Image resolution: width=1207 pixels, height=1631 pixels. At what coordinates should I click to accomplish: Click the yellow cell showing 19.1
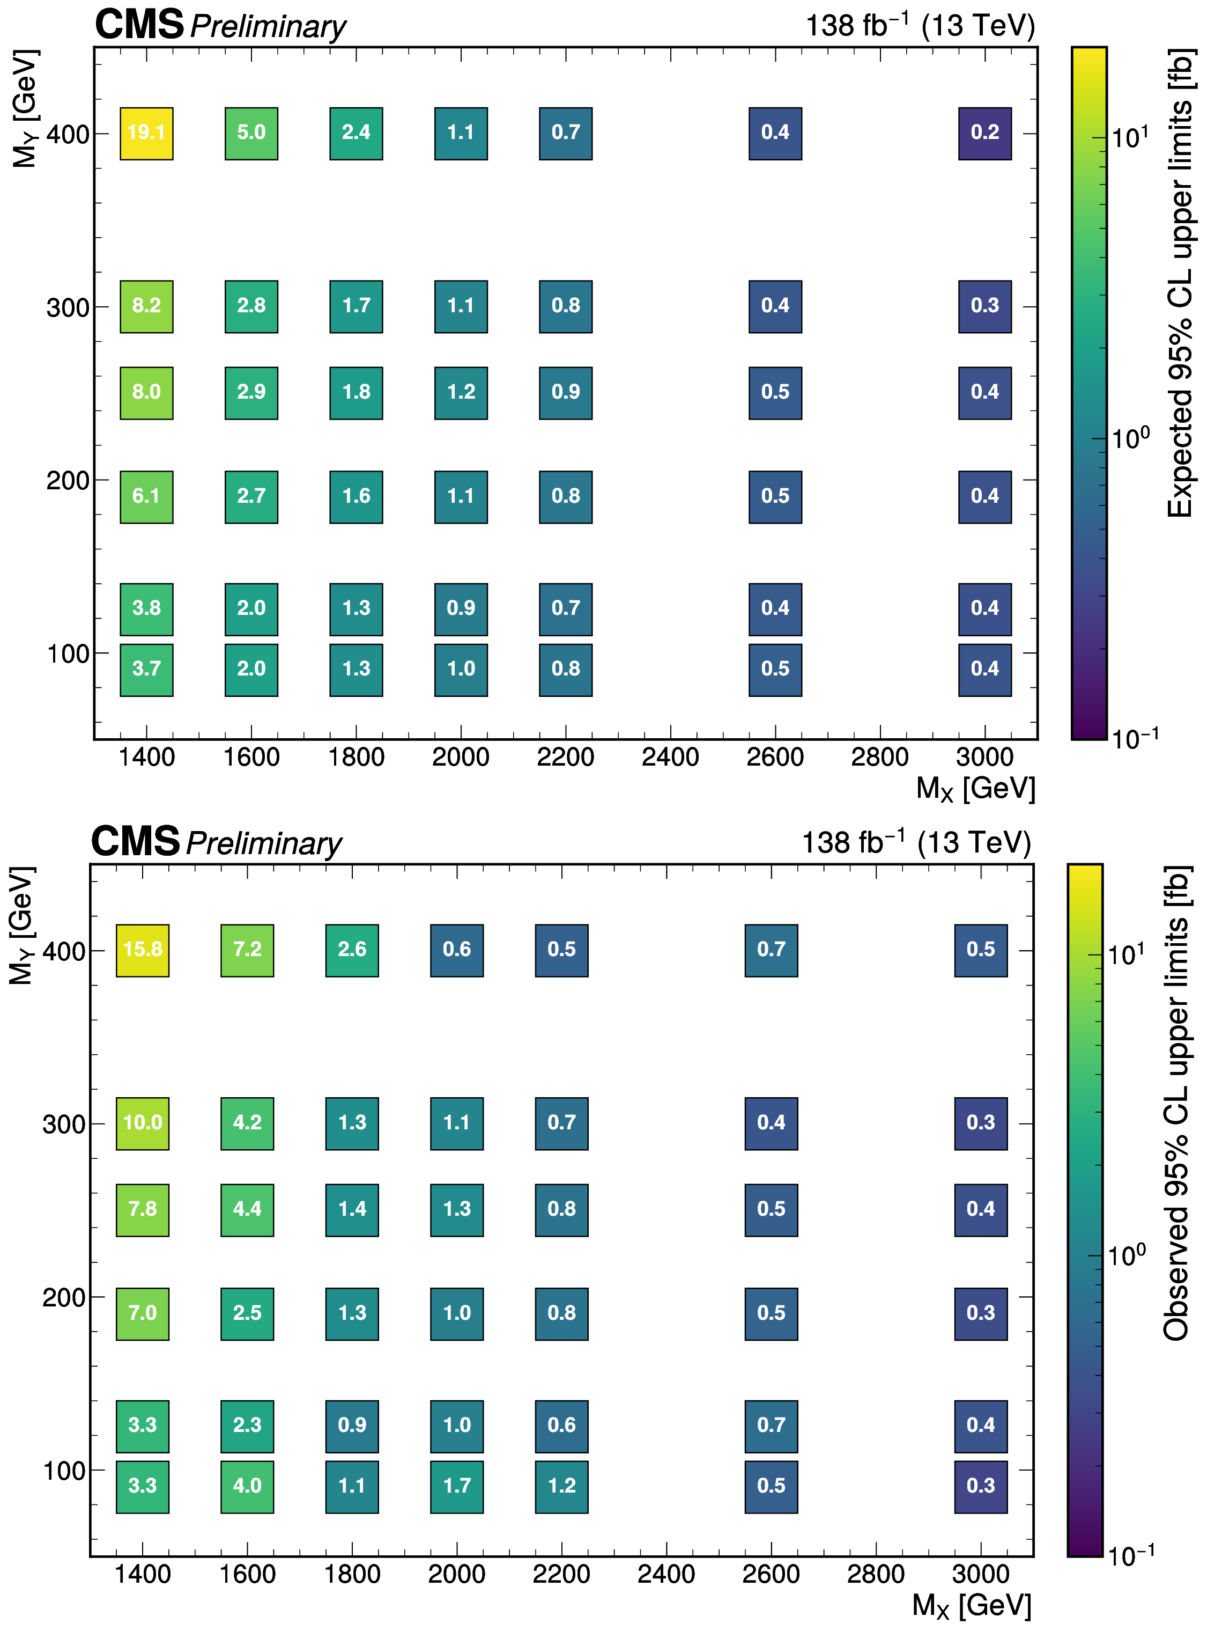tap(146, 133)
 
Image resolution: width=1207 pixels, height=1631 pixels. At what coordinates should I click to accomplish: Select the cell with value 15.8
tap(143, 950)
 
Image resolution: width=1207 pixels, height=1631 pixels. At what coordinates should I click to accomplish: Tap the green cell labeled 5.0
tap(251, 133)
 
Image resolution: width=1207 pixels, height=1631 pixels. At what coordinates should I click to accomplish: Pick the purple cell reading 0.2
tap(985, 133)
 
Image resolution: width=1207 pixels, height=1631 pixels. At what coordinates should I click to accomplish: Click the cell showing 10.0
tap(143, 1123)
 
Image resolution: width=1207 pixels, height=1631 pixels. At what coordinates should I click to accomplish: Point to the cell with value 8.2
tap(146, 306)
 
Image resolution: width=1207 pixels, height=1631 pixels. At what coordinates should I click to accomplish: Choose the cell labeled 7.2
tap(247, 950)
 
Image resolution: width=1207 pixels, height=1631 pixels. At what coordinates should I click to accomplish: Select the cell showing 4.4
tap(247, 1210)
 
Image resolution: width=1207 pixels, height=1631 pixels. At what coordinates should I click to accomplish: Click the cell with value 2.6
tap(352, 950)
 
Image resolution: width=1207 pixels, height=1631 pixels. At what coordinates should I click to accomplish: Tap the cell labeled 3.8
tap(146, 609)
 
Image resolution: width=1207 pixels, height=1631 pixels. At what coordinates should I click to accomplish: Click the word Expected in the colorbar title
tap(1179, 453)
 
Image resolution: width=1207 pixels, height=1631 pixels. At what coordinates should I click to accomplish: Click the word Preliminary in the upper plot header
tap(268, 27)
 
